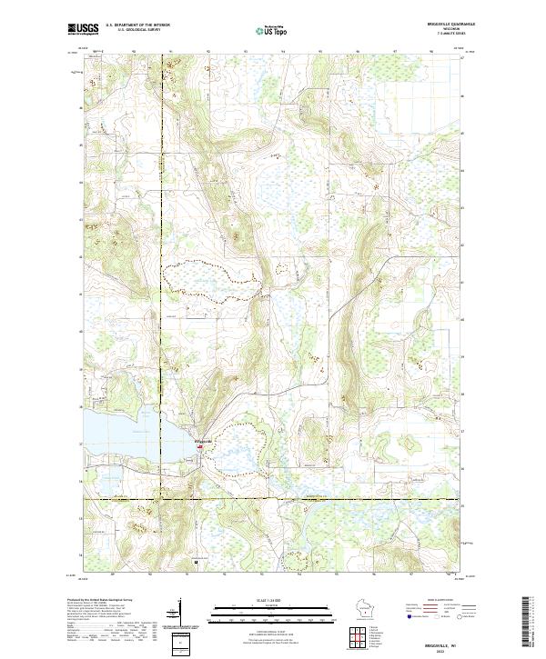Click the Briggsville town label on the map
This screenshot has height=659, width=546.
point(204,441)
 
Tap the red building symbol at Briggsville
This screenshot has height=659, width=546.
point(199,446)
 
